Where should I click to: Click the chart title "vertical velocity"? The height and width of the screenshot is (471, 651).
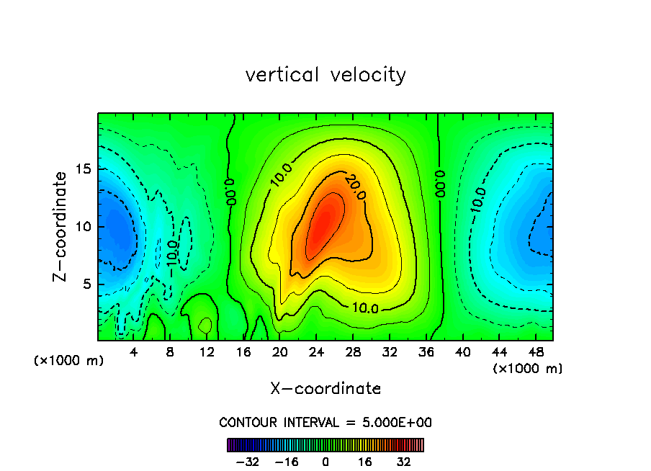point(325,75)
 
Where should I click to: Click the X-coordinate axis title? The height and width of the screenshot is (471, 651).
point(325,389)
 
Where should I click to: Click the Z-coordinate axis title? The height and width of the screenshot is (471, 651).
point(60,226)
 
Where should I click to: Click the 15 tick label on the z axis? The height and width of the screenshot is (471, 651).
point(83,169)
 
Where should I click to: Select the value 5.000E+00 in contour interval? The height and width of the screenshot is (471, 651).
point(399,422)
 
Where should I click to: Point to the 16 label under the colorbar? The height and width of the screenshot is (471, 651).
point(365,462)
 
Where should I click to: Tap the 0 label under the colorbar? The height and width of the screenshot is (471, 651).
point(325,462)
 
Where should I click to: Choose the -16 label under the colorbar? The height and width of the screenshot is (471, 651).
point(286,462)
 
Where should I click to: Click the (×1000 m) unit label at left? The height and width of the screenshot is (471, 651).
point(69,360)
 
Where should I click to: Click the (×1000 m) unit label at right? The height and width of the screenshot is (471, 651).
point(528,368)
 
